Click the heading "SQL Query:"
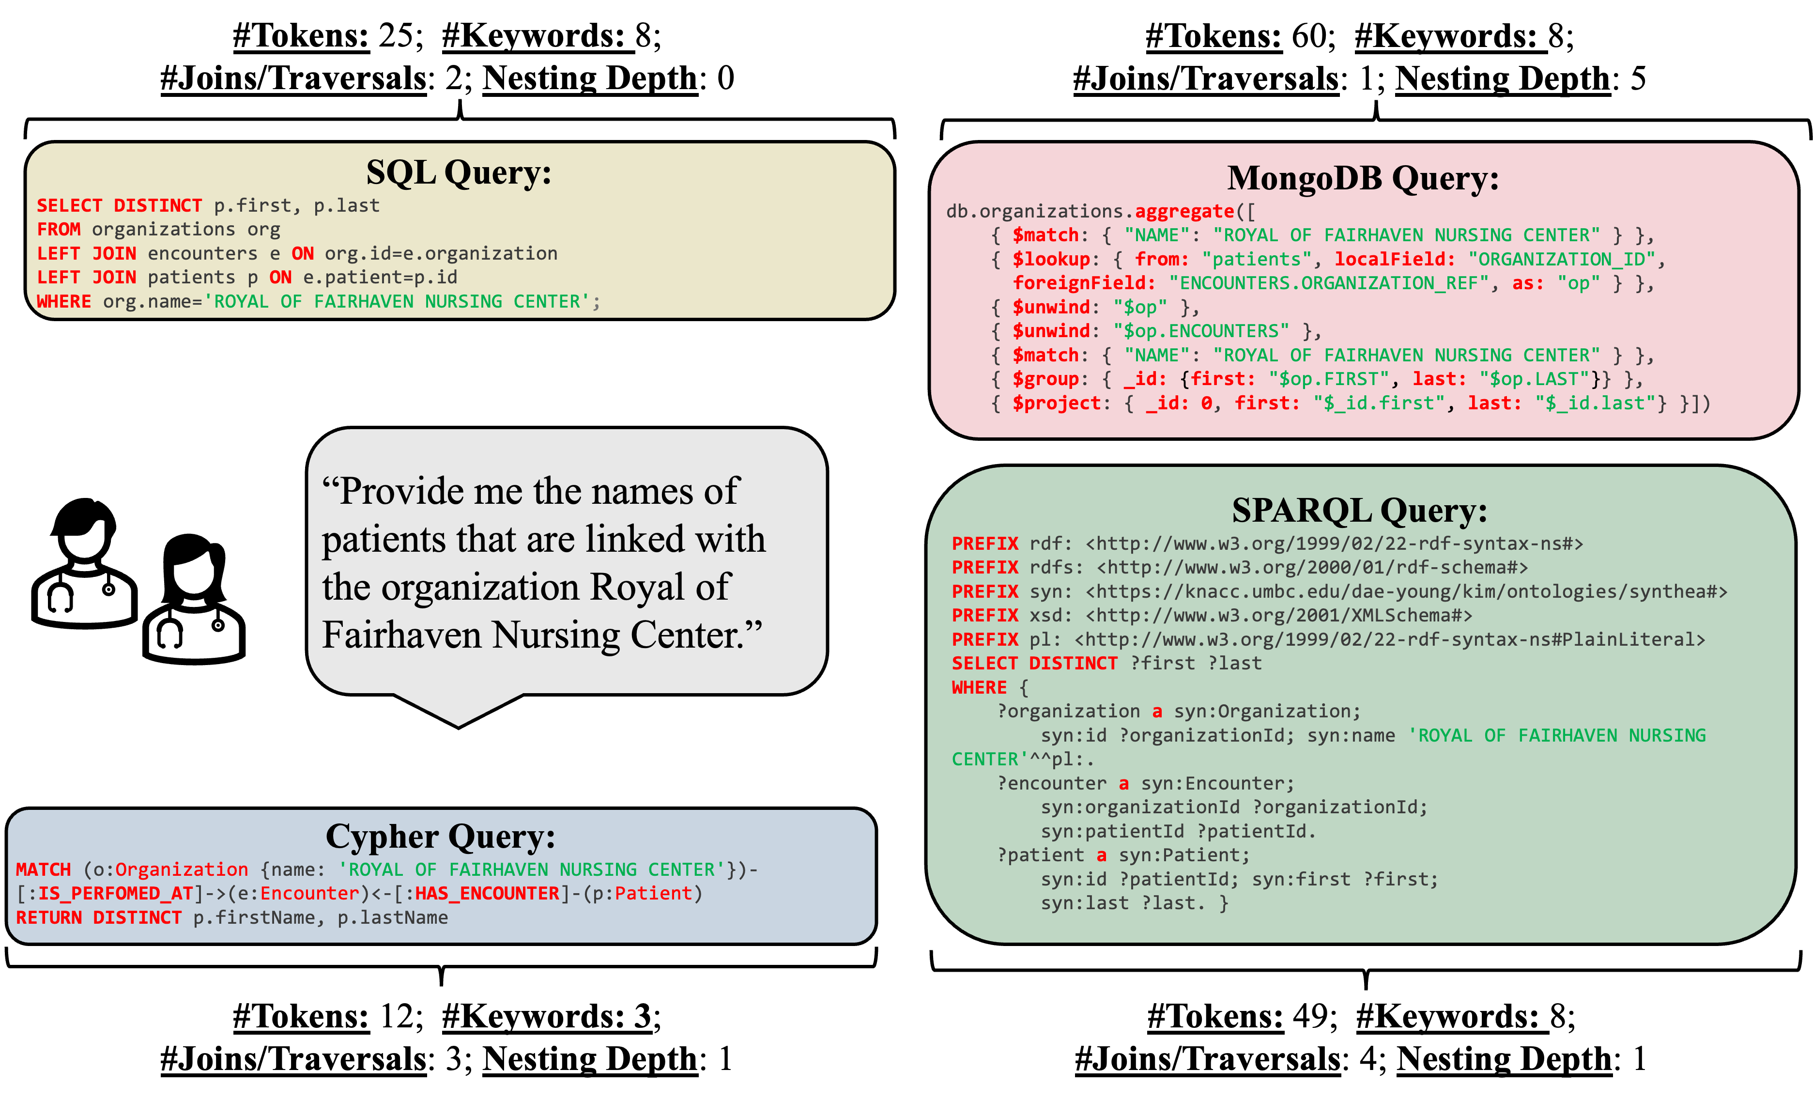[x=459, y=173]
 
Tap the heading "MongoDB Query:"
[x=1363, y=179]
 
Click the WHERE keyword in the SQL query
[x=64, y=302]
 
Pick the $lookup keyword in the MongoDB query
[x=1051, y=259]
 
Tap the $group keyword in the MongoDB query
[x=1045, y=379]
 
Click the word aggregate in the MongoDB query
[x=1184, y=211]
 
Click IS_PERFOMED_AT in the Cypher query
[x=116, y=894]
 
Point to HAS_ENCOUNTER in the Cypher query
[x=487, y=894]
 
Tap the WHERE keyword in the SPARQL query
[x=979, y=687]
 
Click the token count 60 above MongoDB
[x=1309, y=36]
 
